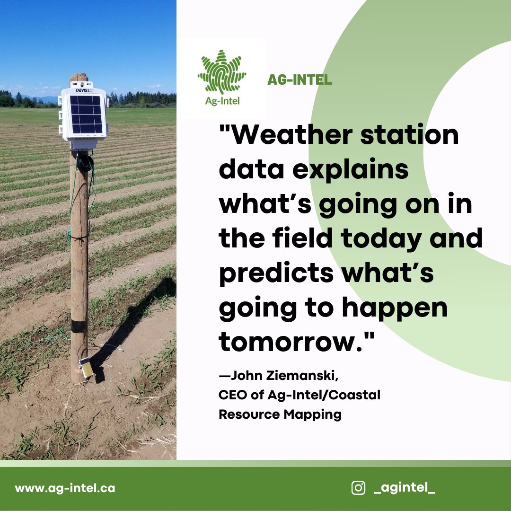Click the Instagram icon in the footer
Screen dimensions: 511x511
coord(358,488)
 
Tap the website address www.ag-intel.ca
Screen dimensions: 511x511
coord(65,488)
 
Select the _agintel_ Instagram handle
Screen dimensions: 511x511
coord(404,488)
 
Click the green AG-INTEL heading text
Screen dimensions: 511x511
coord(300,80)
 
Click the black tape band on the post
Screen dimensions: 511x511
coord(79,326)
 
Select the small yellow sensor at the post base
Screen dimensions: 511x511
coord(86,368)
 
